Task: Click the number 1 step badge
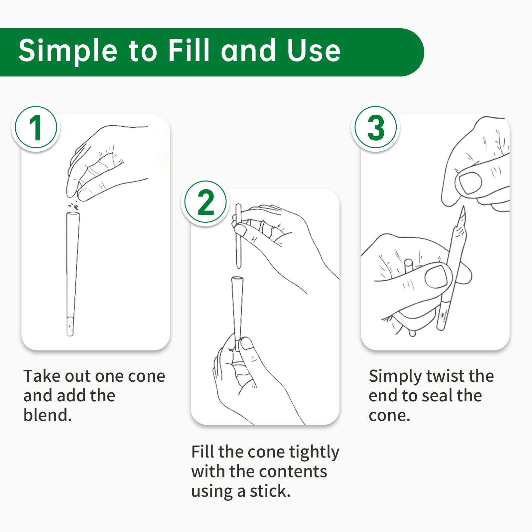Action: (x=36, y=127)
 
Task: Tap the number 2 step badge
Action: (x=205, y=202)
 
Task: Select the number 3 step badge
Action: (x=376, y=127)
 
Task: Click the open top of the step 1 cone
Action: (x=73, y=214)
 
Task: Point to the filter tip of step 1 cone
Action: (x=70, y=327)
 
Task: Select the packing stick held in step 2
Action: (x=238, y=236)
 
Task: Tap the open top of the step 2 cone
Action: (x=237, y=279)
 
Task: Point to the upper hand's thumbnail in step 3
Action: (x=470, y=183)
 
